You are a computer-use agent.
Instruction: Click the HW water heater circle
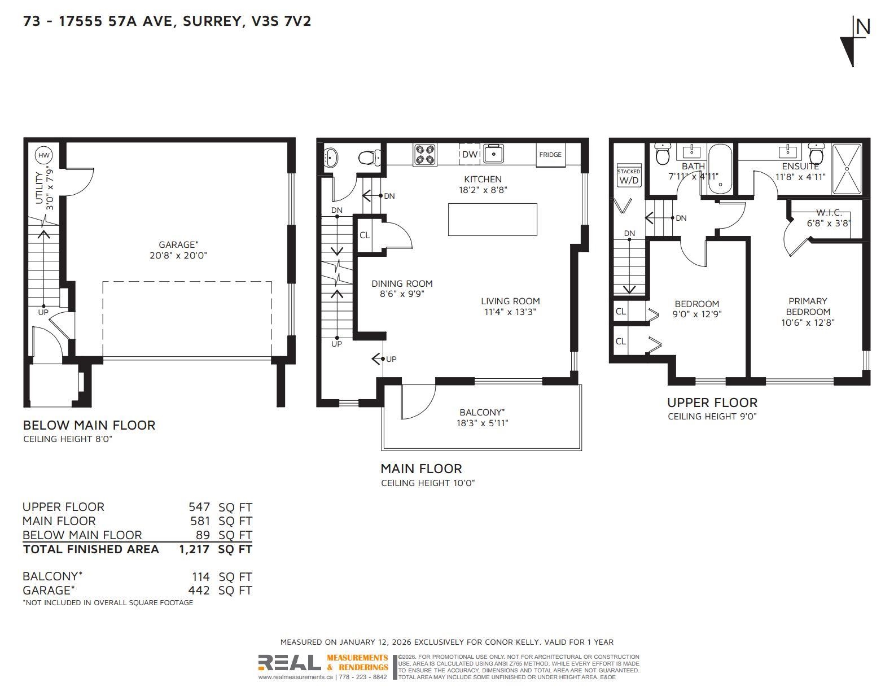[43, 155]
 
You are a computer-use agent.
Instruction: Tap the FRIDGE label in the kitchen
[550, 155]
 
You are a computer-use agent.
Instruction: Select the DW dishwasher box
[470, 154]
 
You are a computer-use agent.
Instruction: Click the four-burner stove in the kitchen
[425, 155]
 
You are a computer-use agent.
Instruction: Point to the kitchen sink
[493, 154]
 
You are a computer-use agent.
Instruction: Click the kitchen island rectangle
[493, 220]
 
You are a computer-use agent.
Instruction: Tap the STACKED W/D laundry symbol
[629, 176]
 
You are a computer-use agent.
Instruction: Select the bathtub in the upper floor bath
[720, 169]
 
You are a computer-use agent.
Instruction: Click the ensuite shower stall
[847, 168]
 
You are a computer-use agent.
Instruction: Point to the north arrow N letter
[863, 27]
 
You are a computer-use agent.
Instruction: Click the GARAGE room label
[178, 244]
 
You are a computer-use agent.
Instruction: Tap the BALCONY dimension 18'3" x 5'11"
[482, 423]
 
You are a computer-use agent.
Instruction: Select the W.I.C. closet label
[829, 212]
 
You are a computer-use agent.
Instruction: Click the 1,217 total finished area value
[194, 549]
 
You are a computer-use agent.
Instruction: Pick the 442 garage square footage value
[199, 590]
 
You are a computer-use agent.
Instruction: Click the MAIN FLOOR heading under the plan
[421, 469]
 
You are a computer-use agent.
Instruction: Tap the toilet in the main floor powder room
[370, 157]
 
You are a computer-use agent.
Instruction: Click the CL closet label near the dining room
[365, 235]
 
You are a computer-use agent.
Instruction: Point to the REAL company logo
[290, 662]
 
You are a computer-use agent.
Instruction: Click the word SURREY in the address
[212, 20]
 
